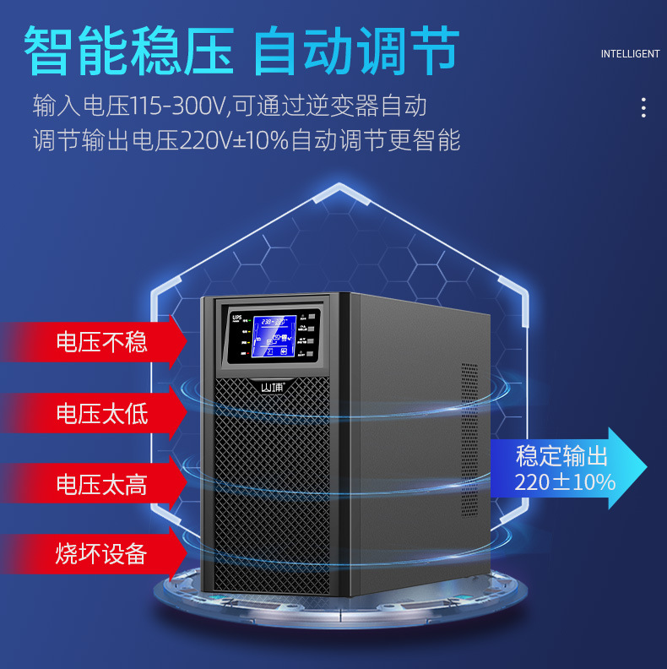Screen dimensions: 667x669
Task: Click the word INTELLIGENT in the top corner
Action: point(630,54)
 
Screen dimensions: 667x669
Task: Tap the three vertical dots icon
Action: point(643,107)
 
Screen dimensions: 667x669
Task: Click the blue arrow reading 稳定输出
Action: point(561,457)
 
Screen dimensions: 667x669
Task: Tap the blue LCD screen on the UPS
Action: point(274,336)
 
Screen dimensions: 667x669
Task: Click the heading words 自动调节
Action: point(355,51)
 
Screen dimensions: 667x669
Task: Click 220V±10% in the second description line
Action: point(234,140)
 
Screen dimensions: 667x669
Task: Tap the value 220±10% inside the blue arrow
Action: point(565,482)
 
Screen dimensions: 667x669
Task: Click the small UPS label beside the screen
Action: point(237,316)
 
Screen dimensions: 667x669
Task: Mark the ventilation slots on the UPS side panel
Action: point(469,439)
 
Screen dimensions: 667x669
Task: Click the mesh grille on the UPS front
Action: point(271,490)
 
